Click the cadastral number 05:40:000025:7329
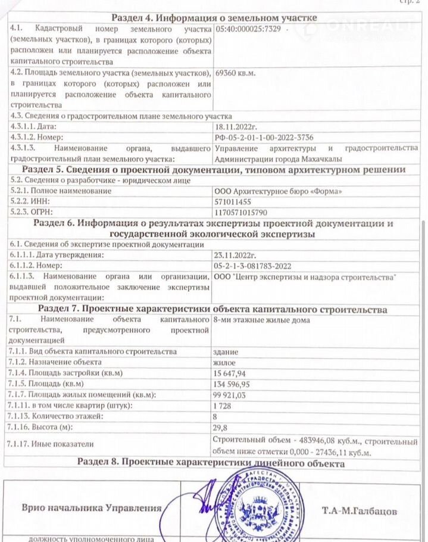248,29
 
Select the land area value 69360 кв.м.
235,73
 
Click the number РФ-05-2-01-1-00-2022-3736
262,137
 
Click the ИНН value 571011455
234,201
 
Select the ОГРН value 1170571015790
240,212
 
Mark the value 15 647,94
233,373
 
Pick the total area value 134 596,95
235,384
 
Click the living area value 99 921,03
233,395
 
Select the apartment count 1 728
223,406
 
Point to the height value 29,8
220,427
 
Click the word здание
226,351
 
